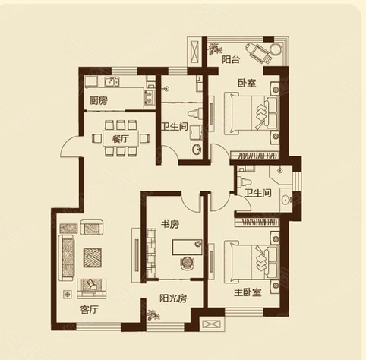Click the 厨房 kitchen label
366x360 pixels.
(x=99, y=101)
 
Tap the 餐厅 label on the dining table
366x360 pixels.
(x=121, y=139)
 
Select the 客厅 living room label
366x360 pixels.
(x=90, y=309)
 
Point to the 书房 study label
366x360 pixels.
(x=170, y=224)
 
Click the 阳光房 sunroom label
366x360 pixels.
(x=173, y=298)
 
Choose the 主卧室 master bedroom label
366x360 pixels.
(x=248, y=292)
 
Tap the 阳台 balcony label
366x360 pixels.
(x=231, y=60)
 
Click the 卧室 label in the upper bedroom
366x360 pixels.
(x=247, y=83)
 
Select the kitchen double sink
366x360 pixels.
(x=112, y=81)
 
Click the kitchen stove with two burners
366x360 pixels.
(x=150, y=97)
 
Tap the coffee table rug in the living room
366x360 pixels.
(x=93, y=257)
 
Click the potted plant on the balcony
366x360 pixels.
(x=215, y=49)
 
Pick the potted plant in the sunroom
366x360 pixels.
(x=153, y=315)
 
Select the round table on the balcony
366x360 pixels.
(x=276, y=49)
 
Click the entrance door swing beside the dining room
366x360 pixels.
(x=71, y=147)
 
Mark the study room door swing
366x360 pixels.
(x=191, y=203)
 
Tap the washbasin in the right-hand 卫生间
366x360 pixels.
(x=286, y=200)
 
